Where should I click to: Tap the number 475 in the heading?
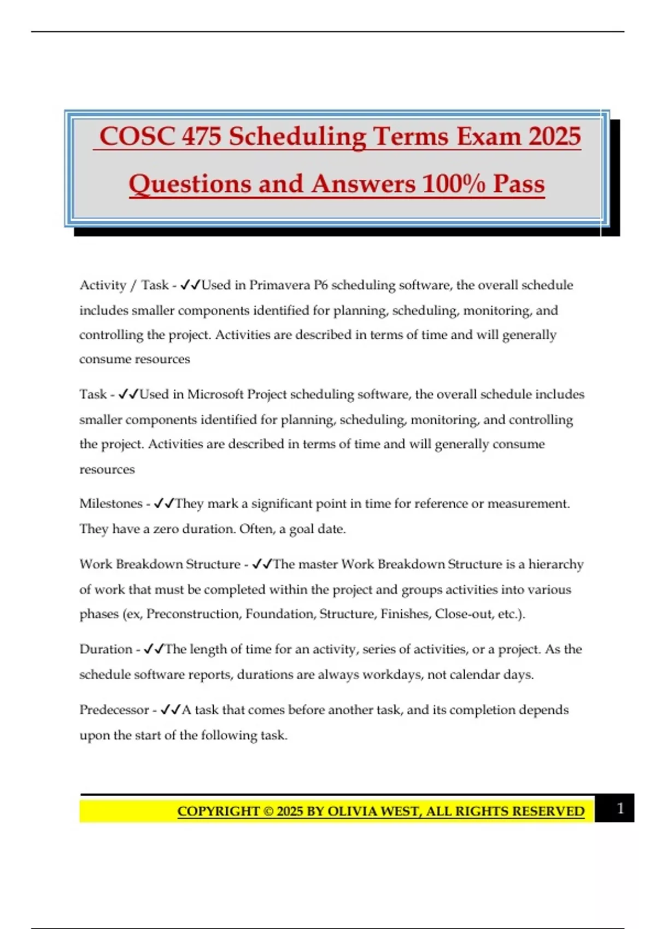pyautogui.click(x=202, y=137)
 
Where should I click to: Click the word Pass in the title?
pyautogui.click(x=519, y=184)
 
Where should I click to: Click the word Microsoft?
pyautogui.click(x=215, y=395)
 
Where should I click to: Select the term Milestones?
pyautogui.click(x=110, y=504)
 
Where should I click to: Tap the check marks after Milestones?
pyautogui.click(x=164, y=504)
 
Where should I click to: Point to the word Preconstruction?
pyautogui.click(x=193, y=614)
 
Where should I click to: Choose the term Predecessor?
pyautogui.click(x=114, y=710)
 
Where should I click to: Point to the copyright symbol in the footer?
pyautogui.click(x=268, y=812)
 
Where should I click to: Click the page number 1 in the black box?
pyautogui.click(x=620, y=809)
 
